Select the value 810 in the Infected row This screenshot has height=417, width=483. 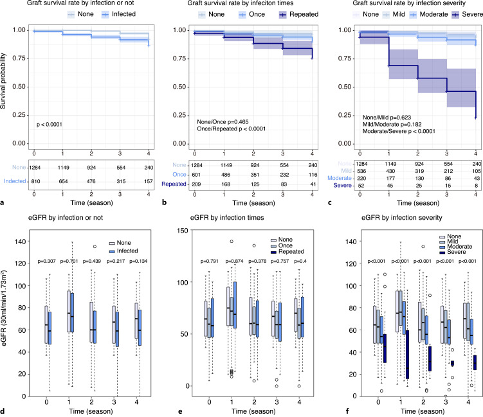tap(37, 183)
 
